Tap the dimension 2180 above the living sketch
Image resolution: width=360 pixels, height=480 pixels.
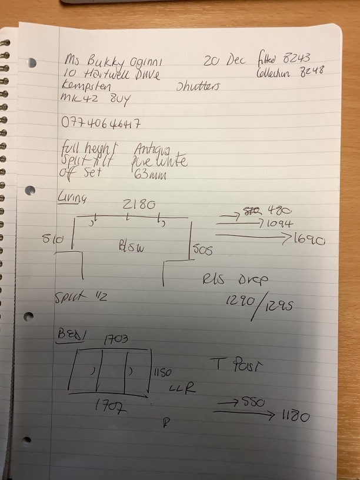tap(139, 205)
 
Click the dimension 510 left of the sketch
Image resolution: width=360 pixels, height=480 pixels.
tap(53, 239)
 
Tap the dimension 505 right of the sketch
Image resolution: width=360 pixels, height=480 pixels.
tap(203, 250)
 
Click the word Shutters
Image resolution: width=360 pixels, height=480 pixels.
tap(197, 86)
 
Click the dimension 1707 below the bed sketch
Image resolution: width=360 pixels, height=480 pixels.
tap(112, 406)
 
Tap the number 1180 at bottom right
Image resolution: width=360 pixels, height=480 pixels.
tap(295, 417)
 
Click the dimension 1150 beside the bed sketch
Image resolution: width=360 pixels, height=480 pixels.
tap(162, 373)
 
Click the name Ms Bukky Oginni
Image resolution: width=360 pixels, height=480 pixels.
tap(111, 62)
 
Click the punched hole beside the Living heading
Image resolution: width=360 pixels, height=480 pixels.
tap(31, 191)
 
